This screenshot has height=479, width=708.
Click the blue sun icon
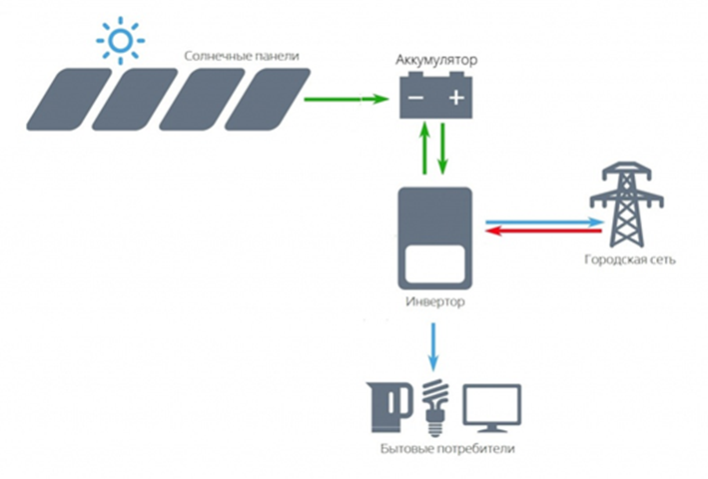pyautogui.click(x=120, y=41)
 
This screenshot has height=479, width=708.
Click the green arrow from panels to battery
pyautogui.click(x=344, y=99)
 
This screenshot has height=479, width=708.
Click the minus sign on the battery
pyautogui.click(x=415, y=98)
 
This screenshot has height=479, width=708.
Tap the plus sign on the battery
pyautogui.click(x=455, y=98)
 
